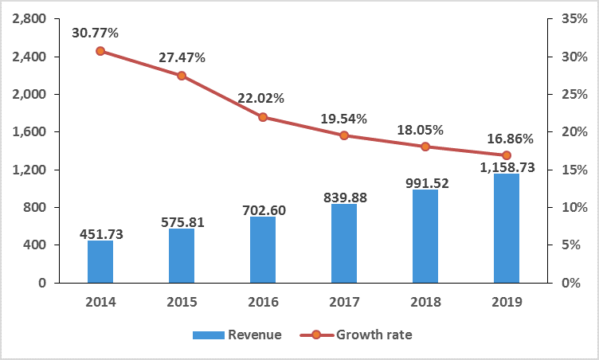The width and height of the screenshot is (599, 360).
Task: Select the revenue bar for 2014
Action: (100, 261)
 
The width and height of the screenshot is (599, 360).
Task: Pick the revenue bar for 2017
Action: (344, 243)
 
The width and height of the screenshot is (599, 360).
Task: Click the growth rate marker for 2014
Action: (100, 51)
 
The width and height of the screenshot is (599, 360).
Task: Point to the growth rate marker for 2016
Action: (263, 117)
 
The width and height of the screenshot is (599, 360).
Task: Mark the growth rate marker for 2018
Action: (425, 147)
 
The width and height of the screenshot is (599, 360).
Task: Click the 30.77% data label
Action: (96, 33)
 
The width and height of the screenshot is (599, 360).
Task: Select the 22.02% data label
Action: (260, 99)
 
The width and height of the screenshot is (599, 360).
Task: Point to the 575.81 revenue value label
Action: (182, 222)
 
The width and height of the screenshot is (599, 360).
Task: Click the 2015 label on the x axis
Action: (182, 302)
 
